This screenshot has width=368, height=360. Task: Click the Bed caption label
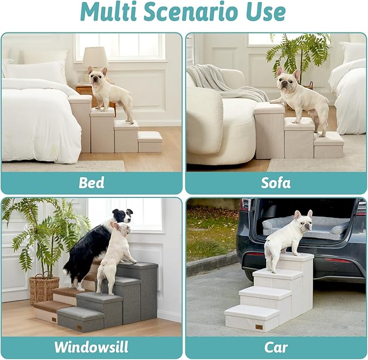92,182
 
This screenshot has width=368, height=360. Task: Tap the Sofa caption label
275,182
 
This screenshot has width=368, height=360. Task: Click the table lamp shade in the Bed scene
95,57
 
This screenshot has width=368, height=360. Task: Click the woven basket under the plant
44,288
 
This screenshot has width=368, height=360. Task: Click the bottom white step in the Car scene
251,318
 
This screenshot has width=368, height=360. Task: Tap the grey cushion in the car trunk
304,225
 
